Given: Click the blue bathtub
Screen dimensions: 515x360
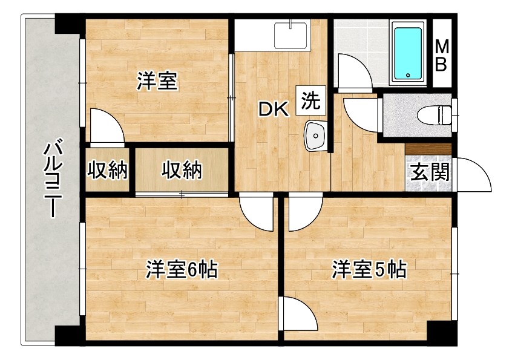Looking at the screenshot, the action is pos(408,53).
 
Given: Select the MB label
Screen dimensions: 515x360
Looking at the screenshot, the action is pos(442,55).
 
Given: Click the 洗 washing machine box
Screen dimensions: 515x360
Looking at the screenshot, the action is pos(310,100).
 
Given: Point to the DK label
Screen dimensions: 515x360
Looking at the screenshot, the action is pos(274,110).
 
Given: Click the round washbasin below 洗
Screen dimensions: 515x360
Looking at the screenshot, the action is pos(315,136).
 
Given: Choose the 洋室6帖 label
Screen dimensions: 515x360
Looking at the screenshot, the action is pos(182,270).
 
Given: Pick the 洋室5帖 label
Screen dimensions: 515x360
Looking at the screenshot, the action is pos(369,270).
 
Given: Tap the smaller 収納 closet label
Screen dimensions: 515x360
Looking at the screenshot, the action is pos(107,170).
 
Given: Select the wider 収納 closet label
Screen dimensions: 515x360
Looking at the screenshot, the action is pos(182,170).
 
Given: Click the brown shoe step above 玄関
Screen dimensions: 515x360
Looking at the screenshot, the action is pos(428,149).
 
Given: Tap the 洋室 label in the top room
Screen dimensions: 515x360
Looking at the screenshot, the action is pos(157,81).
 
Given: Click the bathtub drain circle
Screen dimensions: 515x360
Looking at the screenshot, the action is pos(408,74).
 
